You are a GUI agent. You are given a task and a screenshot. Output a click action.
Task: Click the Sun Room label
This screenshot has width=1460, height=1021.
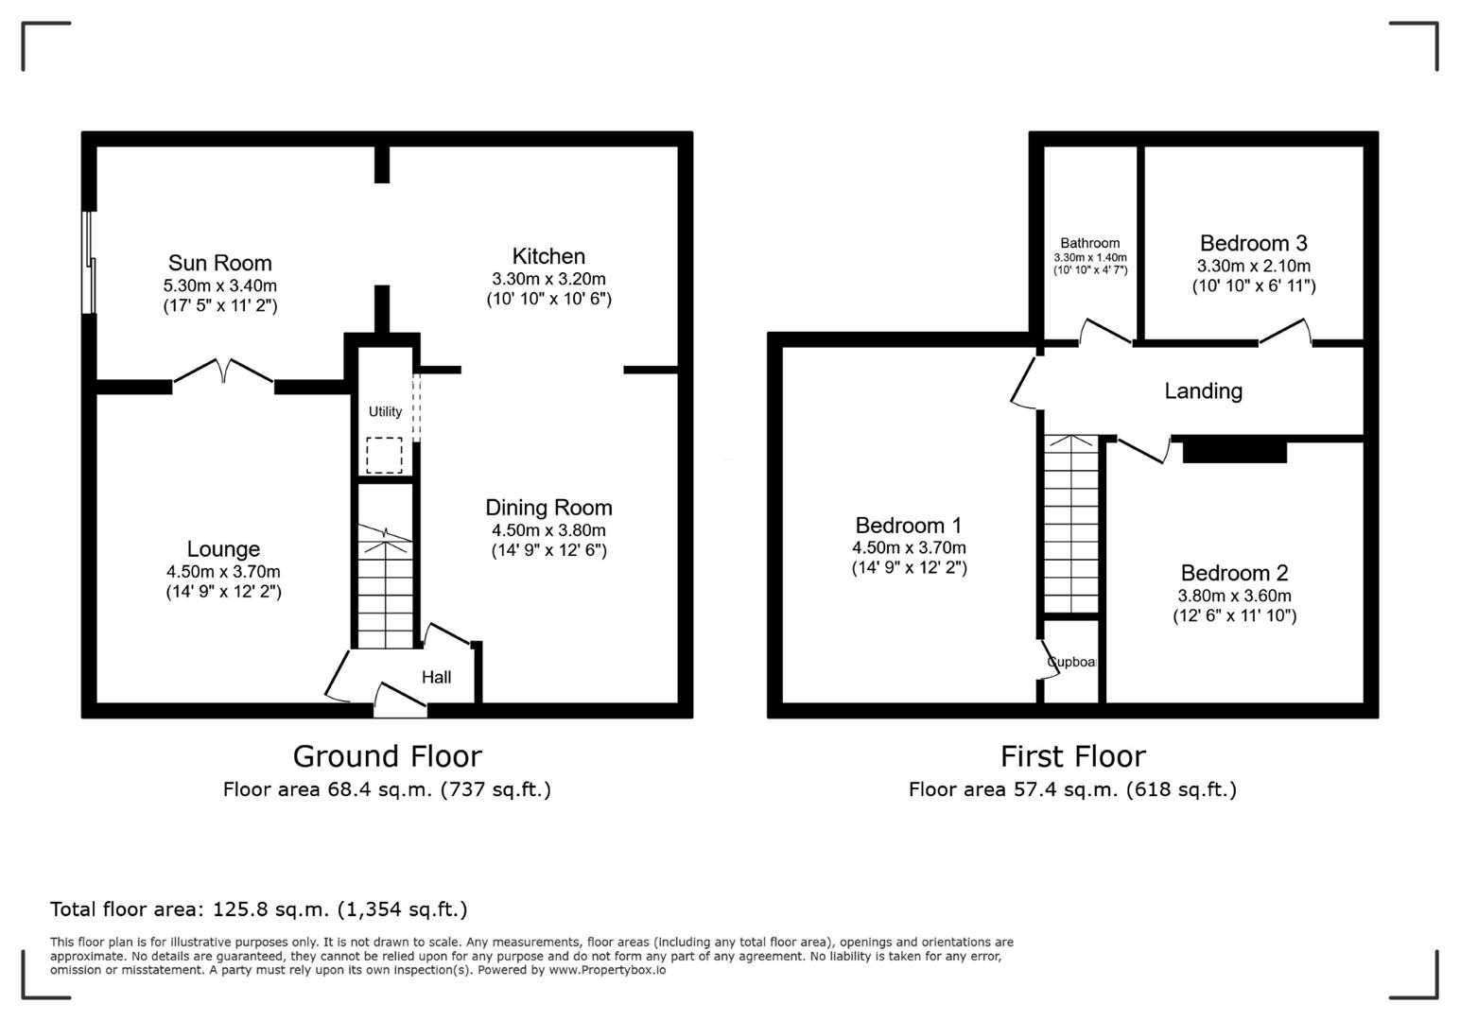click(219, 263)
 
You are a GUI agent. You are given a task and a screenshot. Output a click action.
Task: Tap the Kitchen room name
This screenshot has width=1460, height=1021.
click(548, 256)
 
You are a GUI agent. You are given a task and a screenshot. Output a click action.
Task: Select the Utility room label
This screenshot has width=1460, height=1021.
click(385, 411)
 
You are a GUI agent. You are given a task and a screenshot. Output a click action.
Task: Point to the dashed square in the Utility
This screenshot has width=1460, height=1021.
click(384, 455)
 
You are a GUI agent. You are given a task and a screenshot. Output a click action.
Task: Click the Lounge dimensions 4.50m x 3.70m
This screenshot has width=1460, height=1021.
click(223, 571)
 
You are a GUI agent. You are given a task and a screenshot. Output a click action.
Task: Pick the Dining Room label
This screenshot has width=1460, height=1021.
click(548, 508)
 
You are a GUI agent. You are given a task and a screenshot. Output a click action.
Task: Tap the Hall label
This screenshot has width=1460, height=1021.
click(436, 677)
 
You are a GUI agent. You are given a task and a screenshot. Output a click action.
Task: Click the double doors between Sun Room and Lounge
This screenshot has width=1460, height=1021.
click(224, 372)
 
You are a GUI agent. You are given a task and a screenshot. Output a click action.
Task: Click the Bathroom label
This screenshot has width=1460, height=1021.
click(1089, 243)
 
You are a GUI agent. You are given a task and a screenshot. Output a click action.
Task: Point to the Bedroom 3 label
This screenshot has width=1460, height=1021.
click(1253, 243)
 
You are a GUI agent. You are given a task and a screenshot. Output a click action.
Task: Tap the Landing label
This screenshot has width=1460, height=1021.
click(1203, 390)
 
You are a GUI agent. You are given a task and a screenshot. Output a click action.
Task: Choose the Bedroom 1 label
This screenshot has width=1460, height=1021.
click(908, 525)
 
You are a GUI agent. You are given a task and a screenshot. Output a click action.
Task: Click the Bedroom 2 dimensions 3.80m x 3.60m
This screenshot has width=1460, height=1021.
click(1234, 596)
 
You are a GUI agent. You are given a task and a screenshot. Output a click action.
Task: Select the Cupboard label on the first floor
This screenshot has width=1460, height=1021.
click(1072, 662)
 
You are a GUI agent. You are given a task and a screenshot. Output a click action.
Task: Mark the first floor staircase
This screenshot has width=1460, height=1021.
click(1071, 525)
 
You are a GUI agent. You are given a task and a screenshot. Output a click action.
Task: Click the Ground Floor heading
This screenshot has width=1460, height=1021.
click(387, 756)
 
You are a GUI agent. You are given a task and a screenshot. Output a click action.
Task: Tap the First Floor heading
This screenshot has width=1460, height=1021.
click(1072, 756)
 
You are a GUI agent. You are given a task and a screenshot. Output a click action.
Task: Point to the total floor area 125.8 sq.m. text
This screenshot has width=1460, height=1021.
click(258, 909)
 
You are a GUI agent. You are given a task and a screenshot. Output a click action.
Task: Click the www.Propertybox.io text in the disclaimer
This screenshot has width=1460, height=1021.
click(606, 970)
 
